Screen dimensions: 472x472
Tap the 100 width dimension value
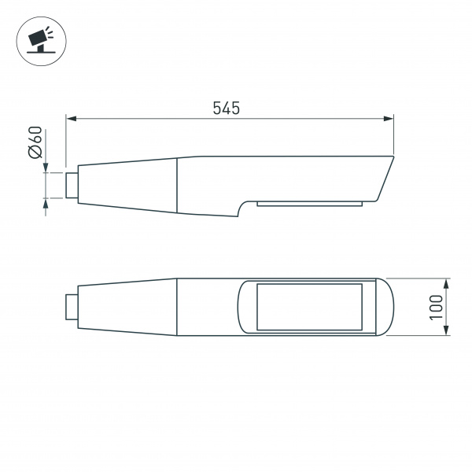coord(437,307)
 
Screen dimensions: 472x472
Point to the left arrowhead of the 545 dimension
coord(70,120)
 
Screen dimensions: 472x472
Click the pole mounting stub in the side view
coord(72,184)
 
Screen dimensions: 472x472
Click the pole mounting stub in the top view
coord(72,306)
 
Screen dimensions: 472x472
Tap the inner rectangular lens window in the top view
coord(309,307)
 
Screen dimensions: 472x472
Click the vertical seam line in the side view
coord(177,185)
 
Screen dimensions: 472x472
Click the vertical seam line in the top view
coord(177,307)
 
